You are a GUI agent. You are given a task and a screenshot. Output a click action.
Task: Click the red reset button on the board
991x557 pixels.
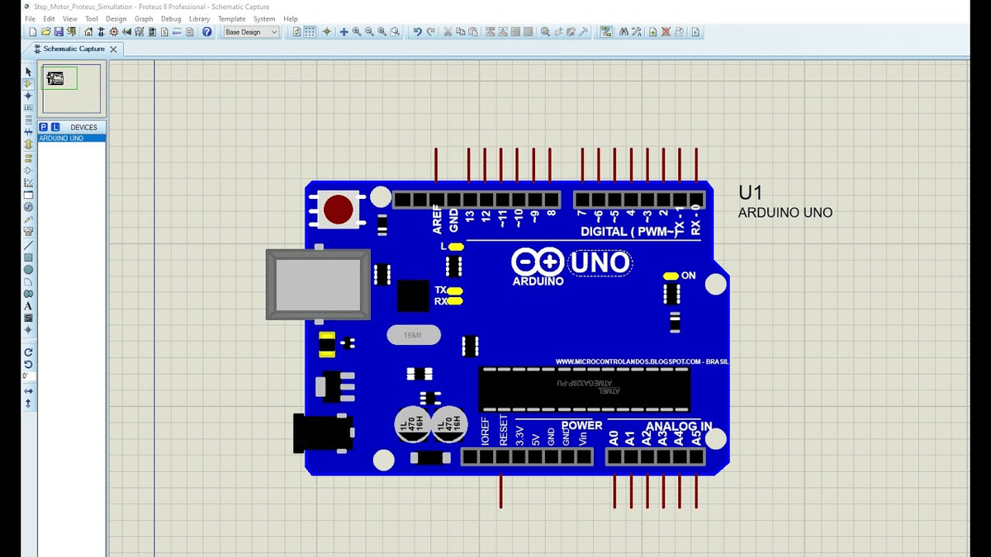(339, 210)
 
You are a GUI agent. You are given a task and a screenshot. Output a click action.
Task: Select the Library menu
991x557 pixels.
(199, 19)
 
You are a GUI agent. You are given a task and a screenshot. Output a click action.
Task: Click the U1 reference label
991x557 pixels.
(750, 193)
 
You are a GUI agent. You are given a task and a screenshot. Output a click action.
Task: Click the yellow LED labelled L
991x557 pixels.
(456, 247)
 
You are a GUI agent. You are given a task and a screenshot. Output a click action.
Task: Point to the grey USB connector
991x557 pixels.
(319, 284)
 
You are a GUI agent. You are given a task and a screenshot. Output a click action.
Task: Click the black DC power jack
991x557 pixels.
(322, 433)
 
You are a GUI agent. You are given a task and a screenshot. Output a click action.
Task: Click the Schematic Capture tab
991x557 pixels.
(73, 49)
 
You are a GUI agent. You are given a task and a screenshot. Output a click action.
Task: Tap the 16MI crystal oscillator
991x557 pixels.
(413, 335)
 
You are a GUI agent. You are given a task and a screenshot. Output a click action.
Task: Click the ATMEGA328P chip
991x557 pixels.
(583, 389)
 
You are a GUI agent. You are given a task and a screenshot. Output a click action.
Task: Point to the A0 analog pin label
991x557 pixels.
(614, 437)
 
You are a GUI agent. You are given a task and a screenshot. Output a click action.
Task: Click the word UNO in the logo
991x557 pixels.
(600, 263)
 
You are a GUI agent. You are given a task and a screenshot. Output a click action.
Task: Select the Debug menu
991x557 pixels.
(171, 19)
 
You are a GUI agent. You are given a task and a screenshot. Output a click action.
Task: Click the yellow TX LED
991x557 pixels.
(455, 290)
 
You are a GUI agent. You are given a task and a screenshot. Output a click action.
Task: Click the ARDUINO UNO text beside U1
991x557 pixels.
(785, 213)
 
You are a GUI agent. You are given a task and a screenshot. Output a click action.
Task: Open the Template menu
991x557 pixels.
(232, 19)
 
